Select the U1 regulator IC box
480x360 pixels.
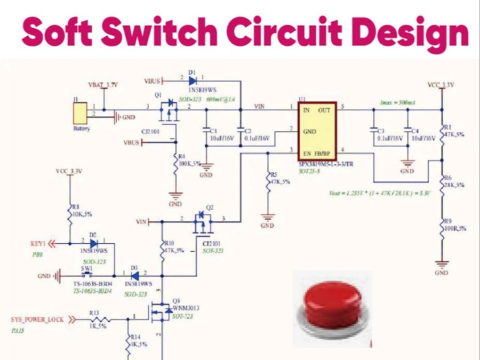[x=317, y=131]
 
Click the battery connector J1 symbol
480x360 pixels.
[x=79, y=114]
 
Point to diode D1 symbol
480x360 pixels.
[x=192, y=81]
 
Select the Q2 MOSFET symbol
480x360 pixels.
[x=202, y=221]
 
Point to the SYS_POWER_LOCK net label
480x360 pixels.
[x=37, y=320]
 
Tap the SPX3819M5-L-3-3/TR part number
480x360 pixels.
[x=326, y=164]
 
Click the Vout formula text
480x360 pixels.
[x=380, y=193]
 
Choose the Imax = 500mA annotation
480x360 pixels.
[x=398, y=102]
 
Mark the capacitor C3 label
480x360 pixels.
[x=380, y=131]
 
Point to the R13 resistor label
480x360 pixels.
[x=94, y=313]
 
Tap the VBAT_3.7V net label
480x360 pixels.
[x=103, y=85]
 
